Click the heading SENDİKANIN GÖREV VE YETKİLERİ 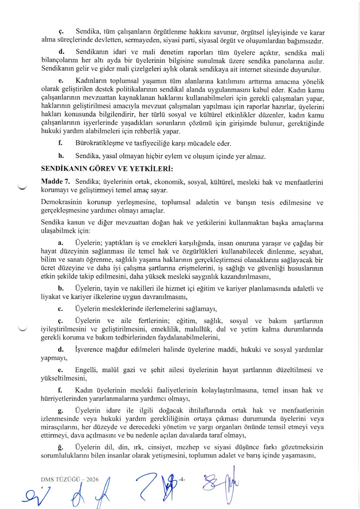pos(107,169)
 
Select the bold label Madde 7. pos(55,182)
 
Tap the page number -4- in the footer pos(181,479)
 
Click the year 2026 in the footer pos(92,479)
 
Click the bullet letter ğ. pos(60,447)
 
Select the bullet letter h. pos(61,156)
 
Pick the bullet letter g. pos(60,411)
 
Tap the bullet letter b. pos(60,288)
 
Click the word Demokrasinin pos(61,202)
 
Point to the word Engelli pos(86,370)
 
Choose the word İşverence pos(89,349)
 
